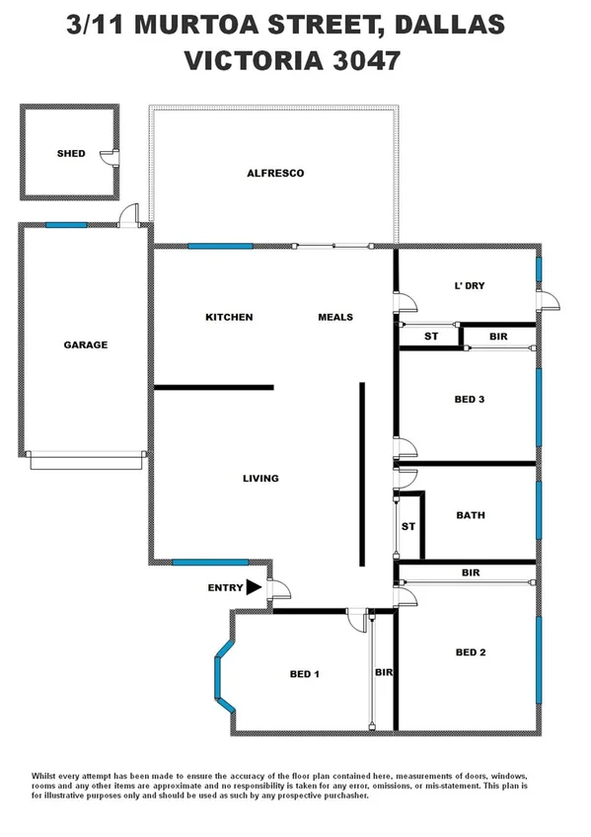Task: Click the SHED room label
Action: (71, 154)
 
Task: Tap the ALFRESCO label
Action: (275, 173)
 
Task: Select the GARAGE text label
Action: (86, 344)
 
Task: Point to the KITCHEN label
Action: (229, 317)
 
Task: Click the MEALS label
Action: (335, 317)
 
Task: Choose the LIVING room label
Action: (260, 479)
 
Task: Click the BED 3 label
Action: (470, 400)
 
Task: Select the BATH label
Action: (471, 515)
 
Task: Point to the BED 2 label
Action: (471, 652)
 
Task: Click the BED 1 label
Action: (304, 674)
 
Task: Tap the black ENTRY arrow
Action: (254, 587)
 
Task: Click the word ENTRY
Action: (225, 588)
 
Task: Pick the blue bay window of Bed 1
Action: (223, 676)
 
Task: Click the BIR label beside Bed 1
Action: (384, 672)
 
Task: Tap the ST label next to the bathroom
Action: (407, 526)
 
